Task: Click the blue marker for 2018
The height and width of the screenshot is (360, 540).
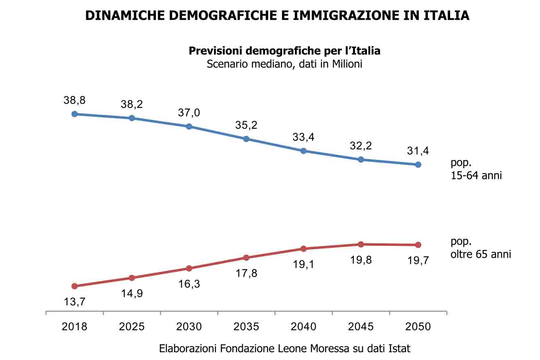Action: click(74, 114)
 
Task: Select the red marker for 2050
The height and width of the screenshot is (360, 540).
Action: click(418, 245)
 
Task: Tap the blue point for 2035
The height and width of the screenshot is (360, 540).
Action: click(246, 139)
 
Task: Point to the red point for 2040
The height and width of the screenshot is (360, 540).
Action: click(304, 248)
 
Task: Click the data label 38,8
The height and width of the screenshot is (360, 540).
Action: click(74, 100)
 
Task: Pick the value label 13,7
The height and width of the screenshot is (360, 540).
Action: click(74, 301)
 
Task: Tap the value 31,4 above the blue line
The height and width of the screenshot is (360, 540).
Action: click(418, 151)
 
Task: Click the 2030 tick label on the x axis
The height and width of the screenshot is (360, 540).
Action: click(189, 326)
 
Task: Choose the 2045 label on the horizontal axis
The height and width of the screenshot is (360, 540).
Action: click(361, 326)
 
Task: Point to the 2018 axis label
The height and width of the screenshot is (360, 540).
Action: click(74, 326)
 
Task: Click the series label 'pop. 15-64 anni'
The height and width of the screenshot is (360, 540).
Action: click(476, 169)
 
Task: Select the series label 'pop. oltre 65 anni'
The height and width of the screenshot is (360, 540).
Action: click(480, 248)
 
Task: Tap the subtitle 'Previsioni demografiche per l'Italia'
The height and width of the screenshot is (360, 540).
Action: click(285, 51)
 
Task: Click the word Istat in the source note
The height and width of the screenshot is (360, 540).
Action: click(398, 348)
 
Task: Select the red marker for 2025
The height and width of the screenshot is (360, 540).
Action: click(132, 277)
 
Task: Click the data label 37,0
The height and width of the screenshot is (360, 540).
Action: click(189, 113)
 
